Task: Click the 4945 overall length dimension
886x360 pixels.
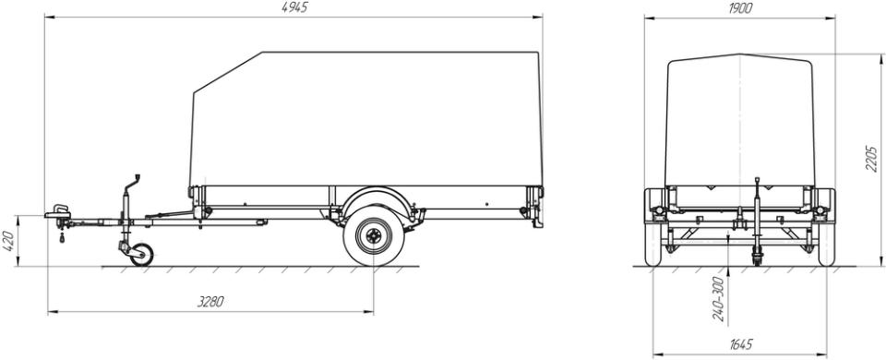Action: [x=294, y=7]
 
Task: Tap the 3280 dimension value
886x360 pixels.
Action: [x=210, y=302]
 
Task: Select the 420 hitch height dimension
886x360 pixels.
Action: [x=9, y=241]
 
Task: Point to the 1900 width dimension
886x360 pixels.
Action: [x=739, y=8]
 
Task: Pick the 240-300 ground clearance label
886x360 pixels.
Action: [x=719, y=299]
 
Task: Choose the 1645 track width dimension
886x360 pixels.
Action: [x=740, y=344]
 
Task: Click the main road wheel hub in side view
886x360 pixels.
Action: [x=374, y=235]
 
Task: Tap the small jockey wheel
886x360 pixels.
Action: [x=141, y=255]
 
